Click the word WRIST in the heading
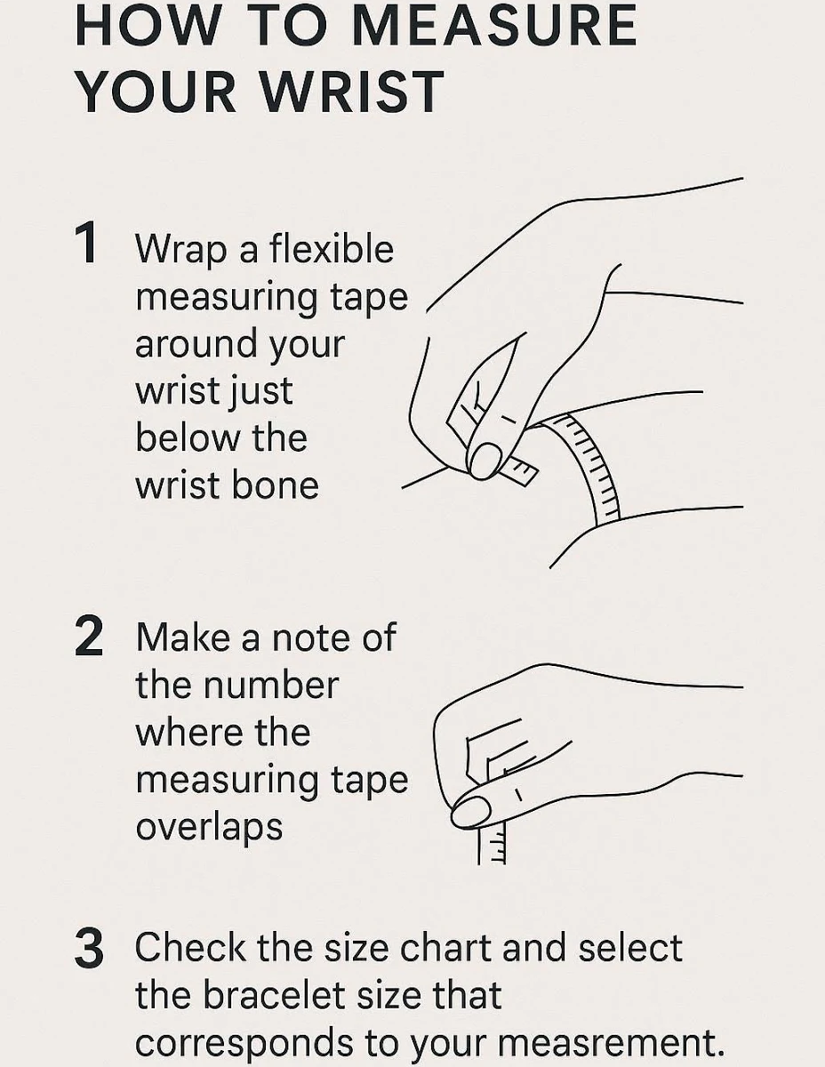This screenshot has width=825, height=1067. [351, 92]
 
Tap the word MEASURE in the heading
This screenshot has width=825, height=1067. [494, 25]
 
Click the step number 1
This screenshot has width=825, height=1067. [86, 243]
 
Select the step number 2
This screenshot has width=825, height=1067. [89, 637]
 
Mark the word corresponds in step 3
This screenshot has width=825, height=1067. [244, 1045]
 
